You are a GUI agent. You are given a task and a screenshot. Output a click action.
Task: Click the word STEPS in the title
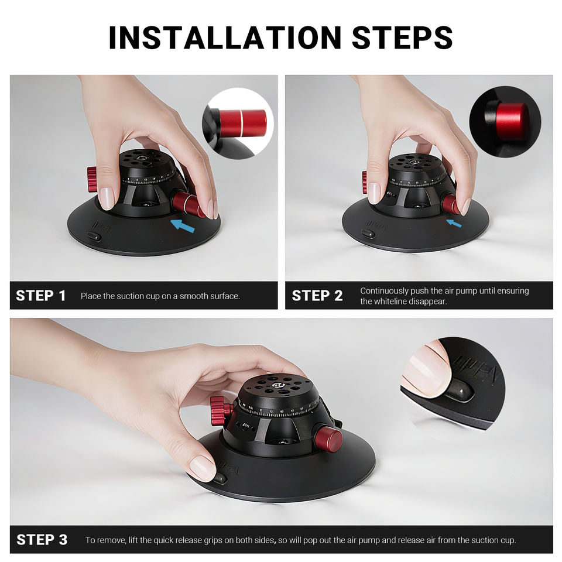[402, 37]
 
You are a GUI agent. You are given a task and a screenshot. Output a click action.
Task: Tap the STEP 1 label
[41, 296]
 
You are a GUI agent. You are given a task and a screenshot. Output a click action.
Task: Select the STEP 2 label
[317, 296]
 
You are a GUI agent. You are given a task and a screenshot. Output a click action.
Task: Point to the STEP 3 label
[42, 539]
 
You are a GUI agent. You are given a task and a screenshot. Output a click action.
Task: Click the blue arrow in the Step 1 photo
[183, 225]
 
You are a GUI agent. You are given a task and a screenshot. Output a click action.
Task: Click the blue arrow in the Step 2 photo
[454, 223]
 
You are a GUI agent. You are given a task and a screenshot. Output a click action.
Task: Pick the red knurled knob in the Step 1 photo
[92, 179]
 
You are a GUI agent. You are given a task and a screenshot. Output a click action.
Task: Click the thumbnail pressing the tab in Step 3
[203, 468]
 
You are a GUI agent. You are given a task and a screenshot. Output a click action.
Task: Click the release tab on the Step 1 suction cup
[94, 237]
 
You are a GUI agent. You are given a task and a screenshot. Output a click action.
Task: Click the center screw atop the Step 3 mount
[277, 385]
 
